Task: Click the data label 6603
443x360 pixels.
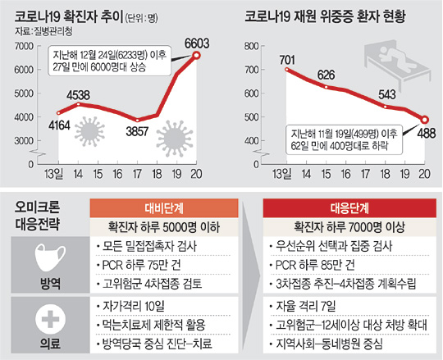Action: [197, 43]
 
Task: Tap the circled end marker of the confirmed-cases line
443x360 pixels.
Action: [197, 55]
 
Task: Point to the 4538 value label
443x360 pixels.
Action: [78, 95]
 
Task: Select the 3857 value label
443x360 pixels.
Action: [137, 131]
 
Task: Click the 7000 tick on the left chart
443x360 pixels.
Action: [24, 46]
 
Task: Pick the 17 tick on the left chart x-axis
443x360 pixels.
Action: [137, 174]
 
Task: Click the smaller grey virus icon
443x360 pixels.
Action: [89, 131]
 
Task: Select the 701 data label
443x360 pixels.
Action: [287, 60]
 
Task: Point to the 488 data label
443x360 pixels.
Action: [427, 134]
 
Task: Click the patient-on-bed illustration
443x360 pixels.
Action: [397, 62]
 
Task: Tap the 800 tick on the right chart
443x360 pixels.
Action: [252, 46]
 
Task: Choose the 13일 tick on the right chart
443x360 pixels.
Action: [281, 174]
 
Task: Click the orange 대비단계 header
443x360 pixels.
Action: [164, 208]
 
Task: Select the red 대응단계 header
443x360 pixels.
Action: [349, 208]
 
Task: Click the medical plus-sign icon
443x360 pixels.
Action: [50, 319]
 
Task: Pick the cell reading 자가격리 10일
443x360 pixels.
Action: [134, 306]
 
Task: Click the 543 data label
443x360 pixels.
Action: [387, 94]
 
